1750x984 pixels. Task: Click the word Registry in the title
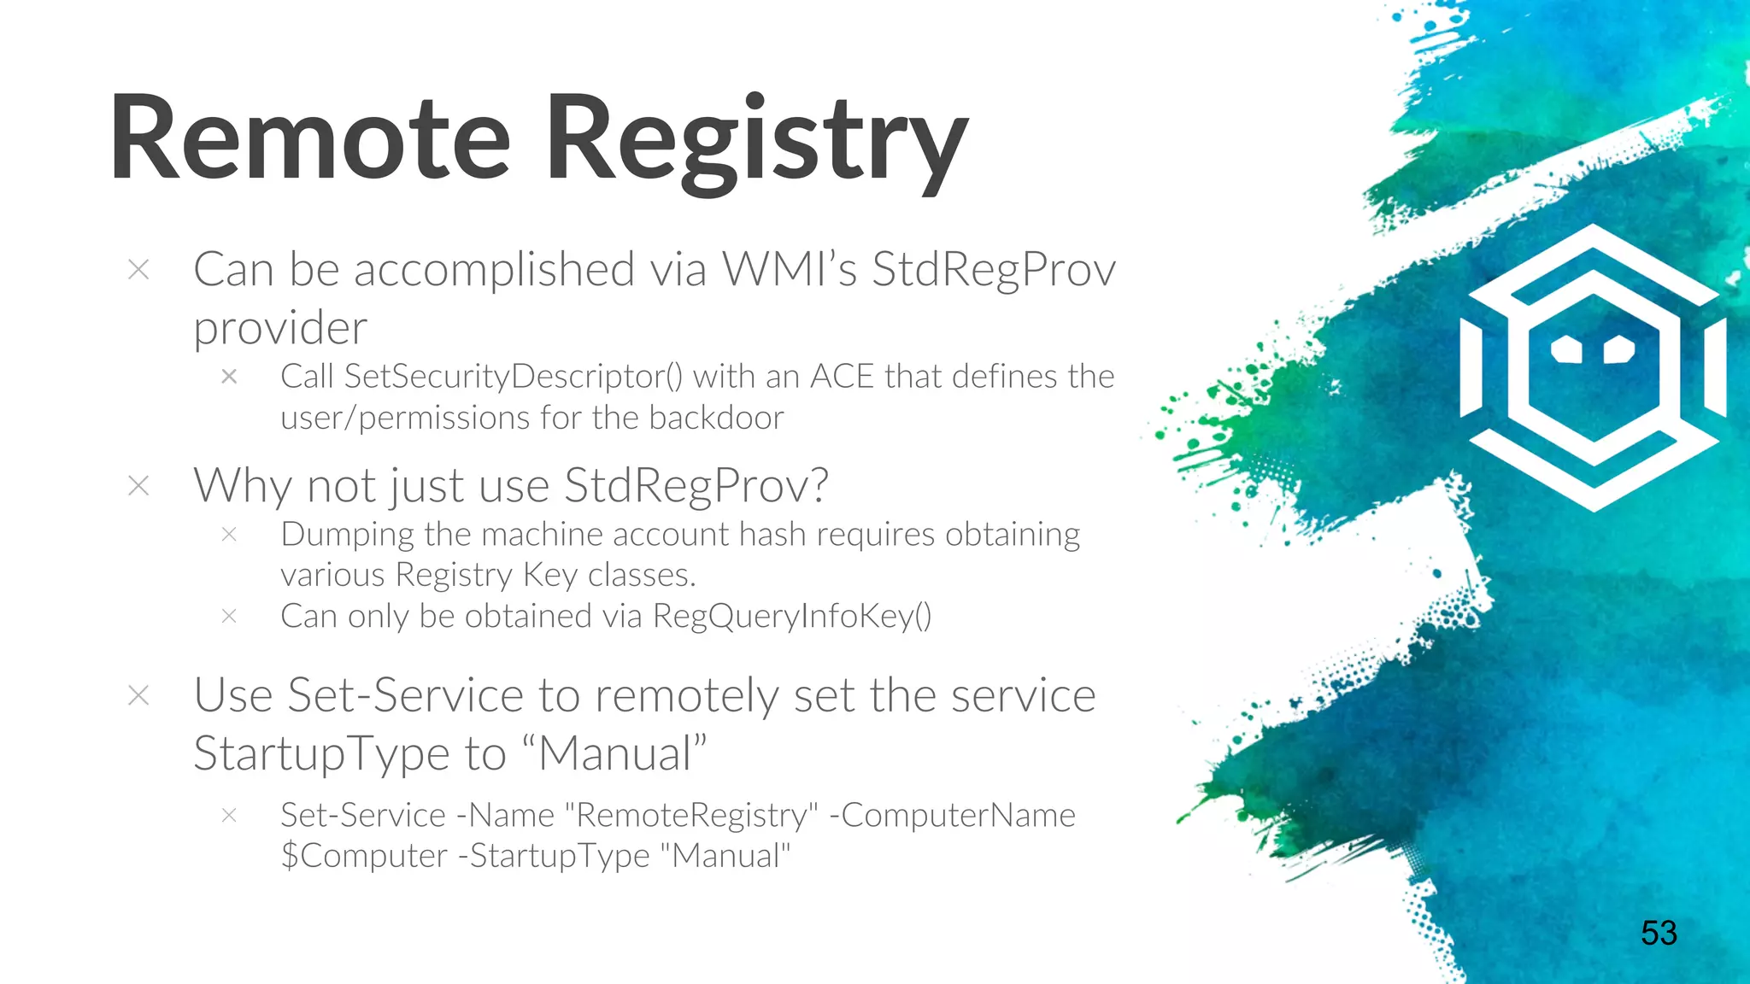[x=757, y=142]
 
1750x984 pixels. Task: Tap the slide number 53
[x=1659, y=933]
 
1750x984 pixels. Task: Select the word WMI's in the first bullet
[x=789, y=270]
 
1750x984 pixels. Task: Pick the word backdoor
[x=716, y=419]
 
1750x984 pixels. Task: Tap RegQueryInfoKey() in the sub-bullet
[x=792, y=617]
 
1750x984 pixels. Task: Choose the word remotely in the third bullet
[x=687, y=695]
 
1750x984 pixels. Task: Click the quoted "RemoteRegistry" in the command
[x=692, y=816]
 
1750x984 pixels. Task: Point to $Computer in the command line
[x=364, y=856]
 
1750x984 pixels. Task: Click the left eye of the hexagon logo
[x=1567, y=349]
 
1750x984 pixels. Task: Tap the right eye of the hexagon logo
[x=1618, y=349]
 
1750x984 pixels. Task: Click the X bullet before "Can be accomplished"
[x=138, y=270]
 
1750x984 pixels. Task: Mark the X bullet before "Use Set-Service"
[x=138, y=695]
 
